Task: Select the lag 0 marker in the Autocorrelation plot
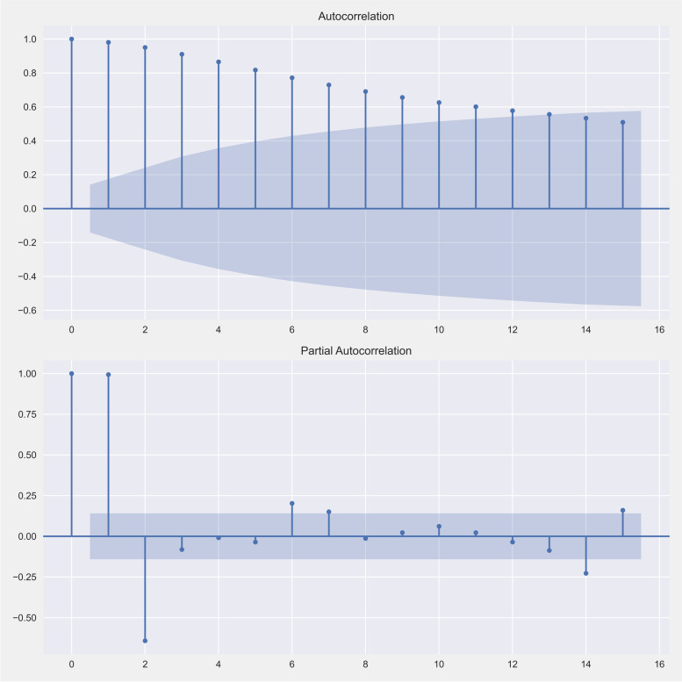(x=71, y=39)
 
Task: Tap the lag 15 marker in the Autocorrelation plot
(x=623, y=122)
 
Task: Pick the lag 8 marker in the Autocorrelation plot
(x=365, y=91)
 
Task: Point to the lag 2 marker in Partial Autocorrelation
(x=145, y=641)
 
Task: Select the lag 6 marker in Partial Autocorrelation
(x=292, y=503)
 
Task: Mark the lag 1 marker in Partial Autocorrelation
(x=108, y=375)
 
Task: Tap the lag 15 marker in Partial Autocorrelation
(x=623, y=510)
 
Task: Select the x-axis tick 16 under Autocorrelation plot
(x=660, y=329)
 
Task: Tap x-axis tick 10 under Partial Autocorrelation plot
(x=439, y=664)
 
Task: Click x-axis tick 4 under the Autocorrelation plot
(x=219, y=329)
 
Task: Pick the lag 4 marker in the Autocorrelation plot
(x=219, y=61)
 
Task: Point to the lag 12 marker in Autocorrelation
(x=513, y=111)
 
